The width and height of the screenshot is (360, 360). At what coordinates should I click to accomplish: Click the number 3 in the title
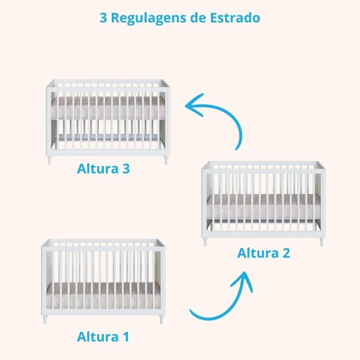click(x=103, y=18)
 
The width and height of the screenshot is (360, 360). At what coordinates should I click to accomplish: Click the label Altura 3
click(x=103, y=168)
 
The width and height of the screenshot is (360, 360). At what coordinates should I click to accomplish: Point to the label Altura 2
click(x=264, y=253)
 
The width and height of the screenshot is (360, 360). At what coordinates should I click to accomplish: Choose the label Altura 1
click(x=103, y=337)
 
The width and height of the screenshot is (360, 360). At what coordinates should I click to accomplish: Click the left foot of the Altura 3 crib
click(x=50, y=161)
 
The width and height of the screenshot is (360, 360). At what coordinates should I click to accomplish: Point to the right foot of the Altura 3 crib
click(x=166, y=161)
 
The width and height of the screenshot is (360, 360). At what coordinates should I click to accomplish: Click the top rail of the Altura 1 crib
click(x=103, y=240)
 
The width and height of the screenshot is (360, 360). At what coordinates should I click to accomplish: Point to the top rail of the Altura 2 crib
click(x=263, y=163)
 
